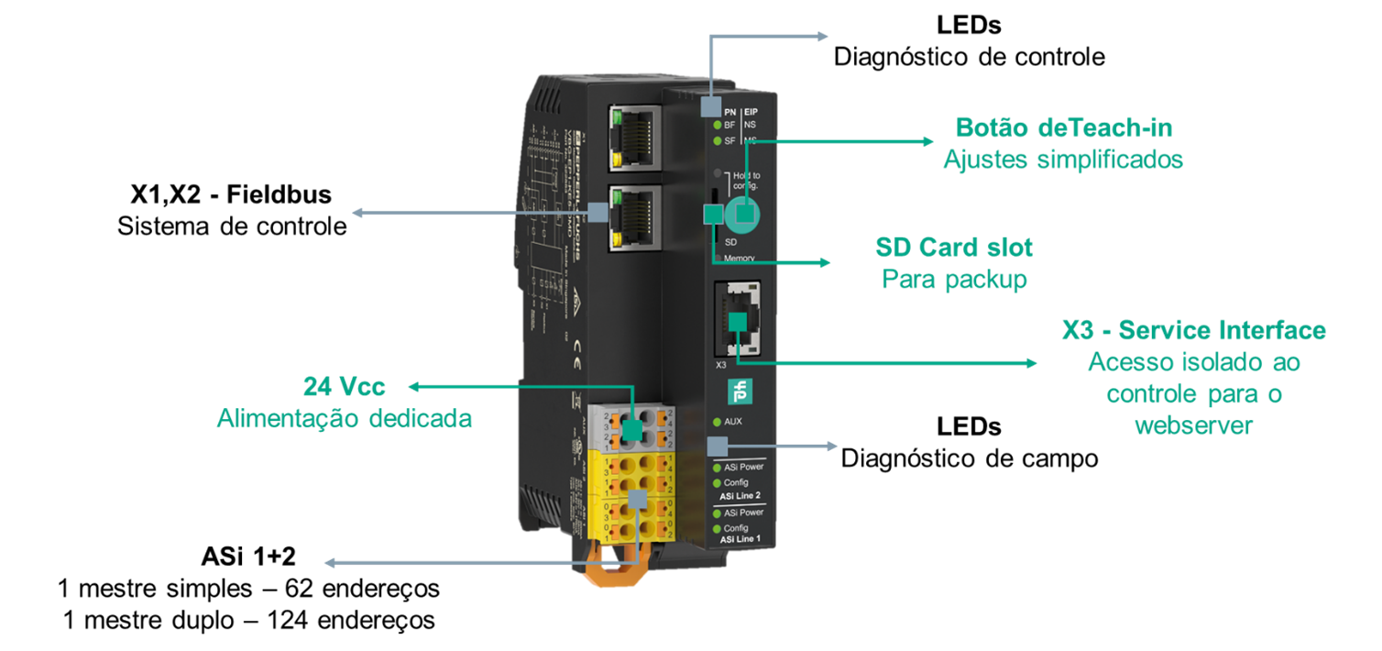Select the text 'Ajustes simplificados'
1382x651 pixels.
[1063, 160]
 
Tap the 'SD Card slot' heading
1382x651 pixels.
[953, 248]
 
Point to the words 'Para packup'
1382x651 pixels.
[953, 280]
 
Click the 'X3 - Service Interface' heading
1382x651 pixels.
[1193, 331]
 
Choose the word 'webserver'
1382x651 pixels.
[1193, 426]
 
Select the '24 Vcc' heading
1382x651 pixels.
[345, 386]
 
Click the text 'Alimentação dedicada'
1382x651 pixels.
[345, 419]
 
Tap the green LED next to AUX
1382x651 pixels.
[718, 422]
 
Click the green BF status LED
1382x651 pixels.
[718, 125]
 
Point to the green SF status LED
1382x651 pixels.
[718, 140]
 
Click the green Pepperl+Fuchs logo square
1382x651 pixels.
[739, 390]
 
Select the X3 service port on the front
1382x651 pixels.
[740, 319]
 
